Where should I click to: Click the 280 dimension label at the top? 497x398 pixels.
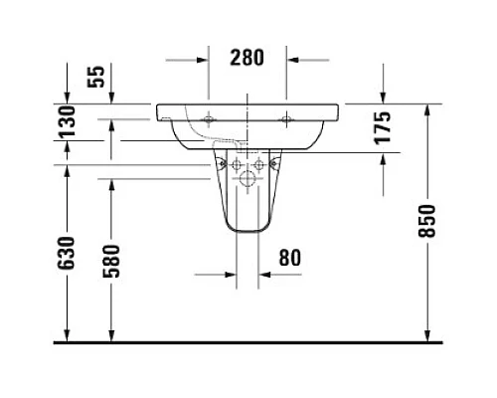(x=248, y=57)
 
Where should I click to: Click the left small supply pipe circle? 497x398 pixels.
(x=238, y=164)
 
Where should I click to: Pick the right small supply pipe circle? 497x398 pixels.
(x=258, y=164)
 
